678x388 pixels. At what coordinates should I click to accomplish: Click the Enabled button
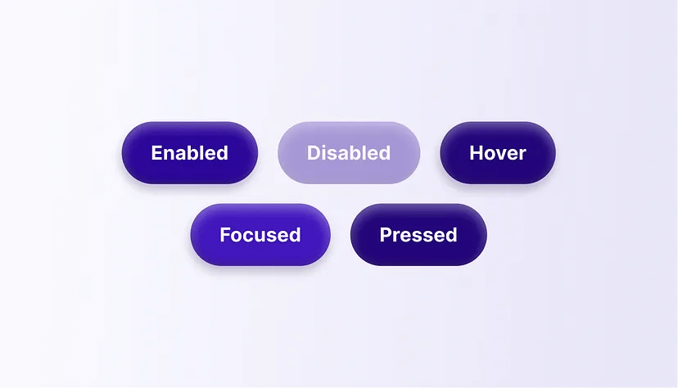tap(189, 153)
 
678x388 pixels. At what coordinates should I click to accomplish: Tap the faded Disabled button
tap(349, 153)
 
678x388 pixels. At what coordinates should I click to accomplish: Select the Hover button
tap(498, 153)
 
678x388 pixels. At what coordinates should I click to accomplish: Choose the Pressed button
tap(418, 235)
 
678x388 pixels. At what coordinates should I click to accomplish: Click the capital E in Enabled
tap(157, 153)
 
